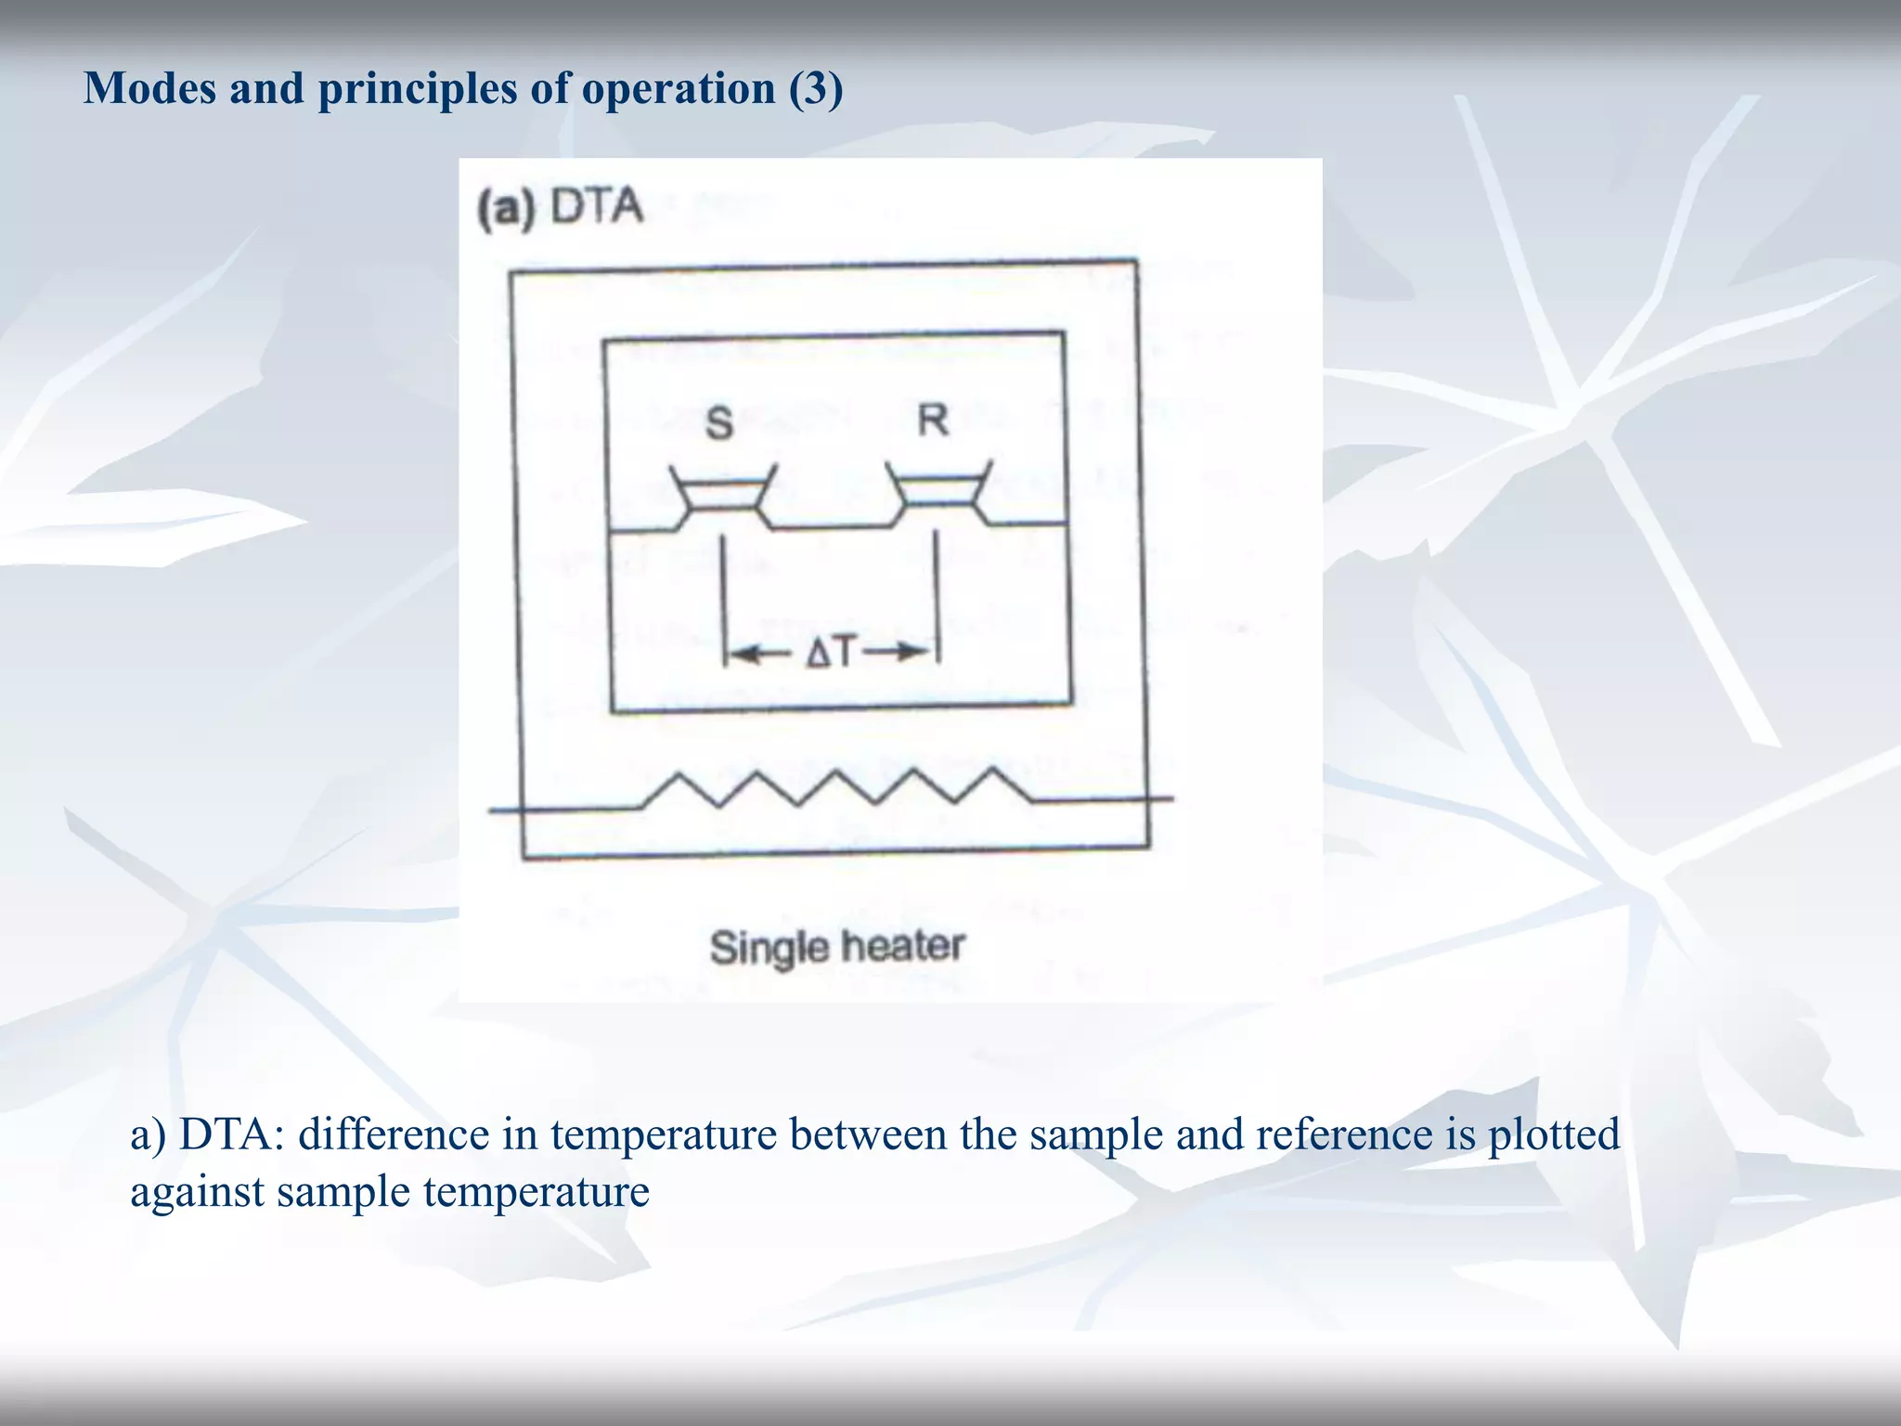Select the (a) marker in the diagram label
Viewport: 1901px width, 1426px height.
tap(507, 209)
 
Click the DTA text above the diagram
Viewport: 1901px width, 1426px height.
tap(596, 206)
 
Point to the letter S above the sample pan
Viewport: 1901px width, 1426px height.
tap(719, 423)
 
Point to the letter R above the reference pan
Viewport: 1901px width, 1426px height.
tap(933, 421)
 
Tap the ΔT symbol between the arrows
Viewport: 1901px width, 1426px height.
tap(829, 654)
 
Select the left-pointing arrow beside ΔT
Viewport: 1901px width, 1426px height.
tap(759, 655)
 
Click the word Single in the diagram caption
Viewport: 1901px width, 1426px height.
tap(769, 948)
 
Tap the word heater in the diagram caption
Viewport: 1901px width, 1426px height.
tap(903, 946)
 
